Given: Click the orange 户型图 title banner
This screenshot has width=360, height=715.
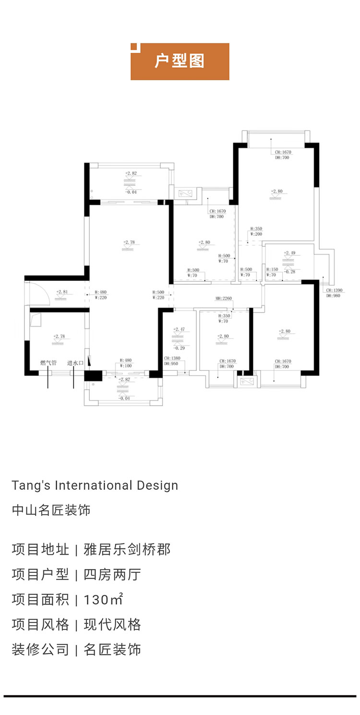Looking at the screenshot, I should coord(180,61).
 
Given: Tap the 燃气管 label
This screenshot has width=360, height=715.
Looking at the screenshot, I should coord(48,363).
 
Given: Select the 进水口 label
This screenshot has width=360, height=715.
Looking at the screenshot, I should coord(75,363).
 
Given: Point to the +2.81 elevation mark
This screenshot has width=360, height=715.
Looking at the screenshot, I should coord(61,291).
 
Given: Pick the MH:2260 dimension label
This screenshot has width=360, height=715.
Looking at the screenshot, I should coord(224,298).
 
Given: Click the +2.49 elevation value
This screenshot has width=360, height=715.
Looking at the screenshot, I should coord(289,253).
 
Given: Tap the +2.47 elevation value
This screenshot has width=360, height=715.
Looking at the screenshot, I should coord(179,329).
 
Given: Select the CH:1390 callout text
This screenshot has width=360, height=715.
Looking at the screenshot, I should coord(335,291).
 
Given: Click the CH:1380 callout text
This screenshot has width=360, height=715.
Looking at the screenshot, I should coord(172,358).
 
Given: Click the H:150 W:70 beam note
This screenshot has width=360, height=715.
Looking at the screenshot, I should coord(272,272).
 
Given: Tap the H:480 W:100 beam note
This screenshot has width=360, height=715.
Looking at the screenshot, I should coord(126,363).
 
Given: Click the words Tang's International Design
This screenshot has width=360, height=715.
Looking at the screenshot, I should coord(95,485).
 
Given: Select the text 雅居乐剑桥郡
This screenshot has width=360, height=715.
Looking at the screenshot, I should coord(127,549).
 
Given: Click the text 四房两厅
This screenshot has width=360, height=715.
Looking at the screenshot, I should coord(112,574).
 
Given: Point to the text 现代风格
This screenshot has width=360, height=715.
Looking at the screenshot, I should coord(112,624).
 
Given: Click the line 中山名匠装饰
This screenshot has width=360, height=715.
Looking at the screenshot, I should coord(51,510).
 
